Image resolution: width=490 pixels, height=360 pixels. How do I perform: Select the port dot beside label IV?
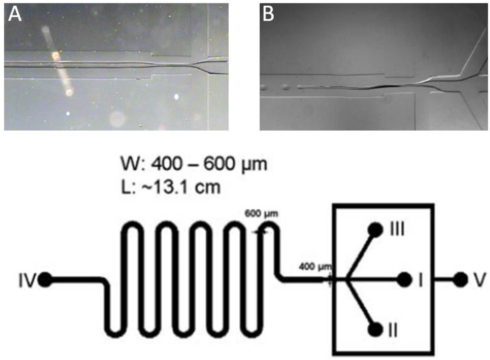coord(45,280)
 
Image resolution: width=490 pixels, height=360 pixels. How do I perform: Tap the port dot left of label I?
coord(404,279)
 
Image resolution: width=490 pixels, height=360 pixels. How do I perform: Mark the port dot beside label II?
coord(376,329)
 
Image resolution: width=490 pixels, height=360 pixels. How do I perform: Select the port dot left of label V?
coord(460,279)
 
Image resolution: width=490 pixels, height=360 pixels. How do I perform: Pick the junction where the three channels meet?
coord(345,279)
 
